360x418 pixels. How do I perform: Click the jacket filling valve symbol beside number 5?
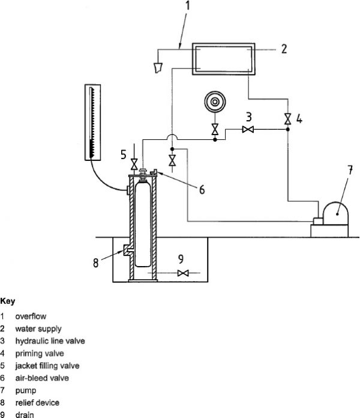[x=134, y=162]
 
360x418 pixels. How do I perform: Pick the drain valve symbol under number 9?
[x=184, y=273]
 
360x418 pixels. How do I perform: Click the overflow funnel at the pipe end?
[x=160, y=68]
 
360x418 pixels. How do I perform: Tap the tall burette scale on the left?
[x=93, y=123]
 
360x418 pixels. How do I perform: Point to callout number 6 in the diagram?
[x=202, y=190]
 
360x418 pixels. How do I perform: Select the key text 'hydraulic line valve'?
[x=50, y=341]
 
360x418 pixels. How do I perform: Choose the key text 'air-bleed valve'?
[x=42, y=378]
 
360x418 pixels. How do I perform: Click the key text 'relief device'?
[x=38, y=402]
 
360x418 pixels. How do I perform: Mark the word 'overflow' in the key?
[x=31, y=315]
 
